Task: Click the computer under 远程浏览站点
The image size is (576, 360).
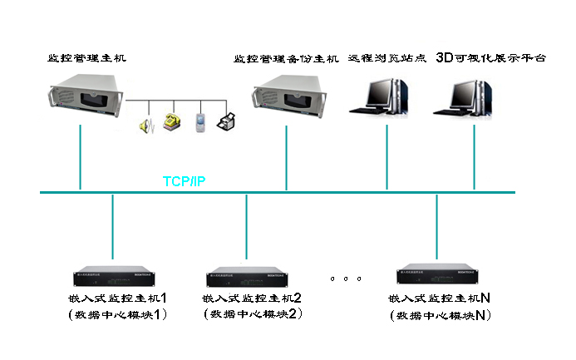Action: click(383, 96)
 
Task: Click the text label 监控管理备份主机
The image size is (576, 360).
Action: click(287, 60)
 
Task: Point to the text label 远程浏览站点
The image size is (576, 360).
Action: click(386, 60)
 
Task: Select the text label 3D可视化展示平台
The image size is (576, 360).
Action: click(492, 59)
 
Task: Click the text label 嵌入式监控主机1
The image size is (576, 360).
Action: click(119, 298)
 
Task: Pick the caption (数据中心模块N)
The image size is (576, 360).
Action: click(441, 315)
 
